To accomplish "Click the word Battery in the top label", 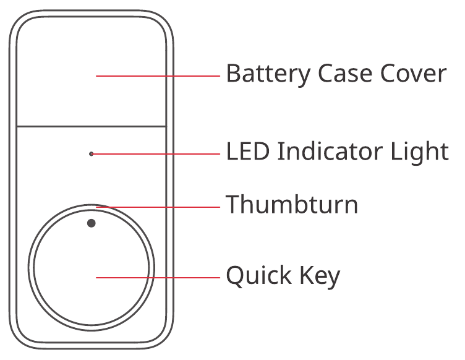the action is (x=268, y=74).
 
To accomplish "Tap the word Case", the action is (x=345, y=73).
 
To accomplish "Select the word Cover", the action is (x=414, y=73).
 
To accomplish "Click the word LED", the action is (x=248, y=151).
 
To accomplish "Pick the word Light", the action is (x=419, y=152).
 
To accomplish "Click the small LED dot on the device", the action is (x=92, y=154).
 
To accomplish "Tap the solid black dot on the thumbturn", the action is (x=92, y=223).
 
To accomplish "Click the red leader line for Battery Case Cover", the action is (x=158, y=76).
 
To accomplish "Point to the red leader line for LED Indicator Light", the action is (x=156, y=154).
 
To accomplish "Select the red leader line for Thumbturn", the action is (x=158, y=207).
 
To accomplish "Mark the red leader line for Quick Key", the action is (x=158, y=278).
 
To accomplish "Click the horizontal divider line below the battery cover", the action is (x=92, y=127).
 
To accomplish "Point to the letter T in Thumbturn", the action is (x=233, y=204).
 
